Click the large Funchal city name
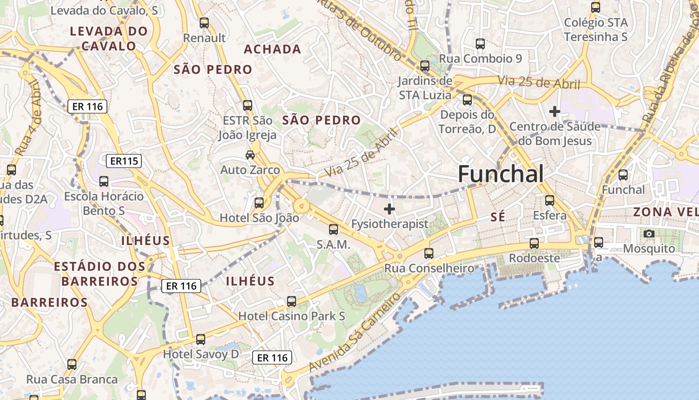500,174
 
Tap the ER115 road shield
124,161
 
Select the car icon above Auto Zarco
250,155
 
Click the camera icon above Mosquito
649,233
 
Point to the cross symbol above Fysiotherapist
389,209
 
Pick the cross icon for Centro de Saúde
554,111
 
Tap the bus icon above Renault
204,22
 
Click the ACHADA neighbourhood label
273,49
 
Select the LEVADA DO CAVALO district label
109,38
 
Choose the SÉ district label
498,216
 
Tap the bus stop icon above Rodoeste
534,243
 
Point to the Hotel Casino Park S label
292,316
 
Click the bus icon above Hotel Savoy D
200,339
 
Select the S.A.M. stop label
333,245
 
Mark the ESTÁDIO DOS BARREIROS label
99,273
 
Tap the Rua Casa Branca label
72,379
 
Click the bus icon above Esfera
550,200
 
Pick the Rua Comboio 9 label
480,58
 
